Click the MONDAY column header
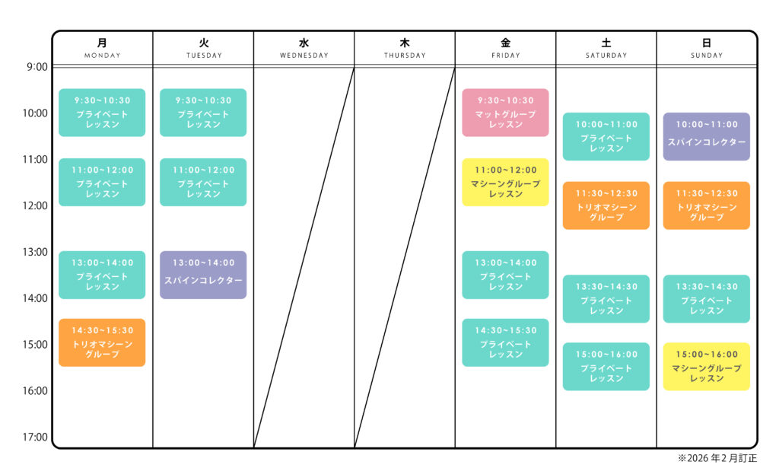pyautogui.click(x=102, y=48)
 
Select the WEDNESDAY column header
pyautogui.click(x=304, y=48)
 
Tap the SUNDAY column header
pyautogui.click(x=707, y=48)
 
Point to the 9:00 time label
pyautogui.click(x=37, y=67)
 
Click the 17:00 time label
pyautogui.click(x=36, y=438)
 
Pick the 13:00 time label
pyautogui.click(x=36, y=252)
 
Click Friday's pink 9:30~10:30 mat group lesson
pyautogui.click(x=505, y=113)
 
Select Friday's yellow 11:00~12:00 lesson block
pyautogui.click(x=505, y=182)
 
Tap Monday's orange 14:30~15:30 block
pyautogui.click(x=102, y=342)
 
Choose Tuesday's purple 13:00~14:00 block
pyautogui.click(x=203, y=275)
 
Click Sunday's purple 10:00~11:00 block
pyautogui.click(x=707, y=136)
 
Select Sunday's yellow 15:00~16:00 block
pyautogui.click(x=707, y=366)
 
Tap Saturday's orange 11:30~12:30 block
pyautogui.click(x=606, y=205)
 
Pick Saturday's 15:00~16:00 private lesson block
pyautogui.click(x=606, y=366)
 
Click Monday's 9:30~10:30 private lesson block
pyautogui.click(x=102, y=113)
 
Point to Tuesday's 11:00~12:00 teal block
pyautogui.click(x=203, y=182)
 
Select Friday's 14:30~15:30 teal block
pyautogui.click(x=505, y=342)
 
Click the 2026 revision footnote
pyautogui.click(x=717, y=458)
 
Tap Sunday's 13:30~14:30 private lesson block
pyautogui.click(x=707, y=298)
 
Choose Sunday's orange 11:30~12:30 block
pyautogui.click(x=707, y=205)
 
